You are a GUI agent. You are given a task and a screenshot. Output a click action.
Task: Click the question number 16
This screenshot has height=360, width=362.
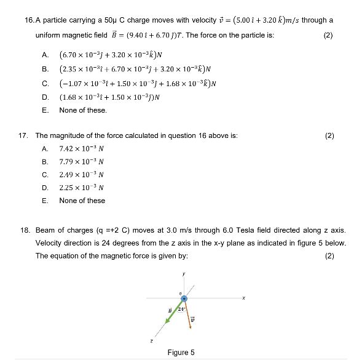pyautogui.click(x=29, y=20)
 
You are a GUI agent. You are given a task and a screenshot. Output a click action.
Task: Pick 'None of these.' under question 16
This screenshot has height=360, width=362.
pyautogui.click(x=83, y=110)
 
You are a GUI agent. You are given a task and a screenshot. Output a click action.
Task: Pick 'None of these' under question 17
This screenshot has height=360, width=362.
pyautogui.click(x=82, y=201)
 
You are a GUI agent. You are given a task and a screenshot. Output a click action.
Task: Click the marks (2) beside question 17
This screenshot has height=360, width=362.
pyautogui.click(x=329, y=135)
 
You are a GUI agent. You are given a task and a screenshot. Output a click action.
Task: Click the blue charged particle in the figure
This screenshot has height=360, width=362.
pyautogui.click(x=183, y=299)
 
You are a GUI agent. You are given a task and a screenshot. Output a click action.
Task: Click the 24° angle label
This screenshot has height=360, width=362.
pyautogui.click(x=181, y=309)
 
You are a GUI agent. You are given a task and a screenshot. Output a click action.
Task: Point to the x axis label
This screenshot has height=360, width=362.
pyautogui.click(x=244, y=300)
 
